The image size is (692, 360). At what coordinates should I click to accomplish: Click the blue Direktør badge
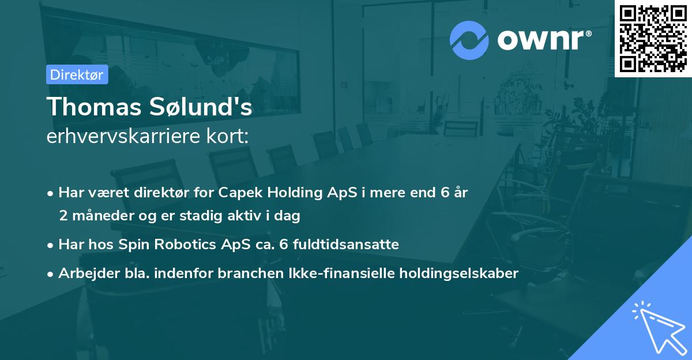(x=77, y=74)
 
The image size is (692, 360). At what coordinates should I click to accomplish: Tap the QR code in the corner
(x=653, y=38)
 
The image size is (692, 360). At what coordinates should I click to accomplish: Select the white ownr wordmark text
(x=543, y=40)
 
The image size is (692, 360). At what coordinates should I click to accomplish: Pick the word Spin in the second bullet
(x=132, y=244)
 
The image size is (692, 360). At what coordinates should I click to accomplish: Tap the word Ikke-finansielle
(x=342, y=273)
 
